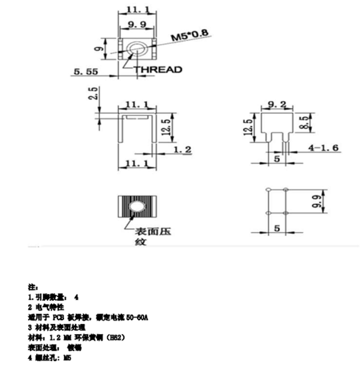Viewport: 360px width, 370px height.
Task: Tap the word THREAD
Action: click(x=158, y=69)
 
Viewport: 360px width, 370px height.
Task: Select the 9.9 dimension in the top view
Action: click(x=136, y=24)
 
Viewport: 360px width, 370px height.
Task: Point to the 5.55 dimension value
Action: click(x=86, y=73)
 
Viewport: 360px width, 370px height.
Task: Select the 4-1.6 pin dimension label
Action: click(x=323, y=148)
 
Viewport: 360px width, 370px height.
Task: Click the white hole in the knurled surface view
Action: click(x=136, y=207)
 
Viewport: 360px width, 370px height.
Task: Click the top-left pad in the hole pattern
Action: click(x=267, y=190)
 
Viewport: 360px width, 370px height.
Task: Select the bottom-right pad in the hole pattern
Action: click(x=285, y=213)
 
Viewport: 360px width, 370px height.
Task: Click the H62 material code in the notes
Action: click(x=115, y=337)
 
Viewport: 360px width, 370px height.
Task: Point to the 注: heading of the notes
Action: click(x=31, y=286)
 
